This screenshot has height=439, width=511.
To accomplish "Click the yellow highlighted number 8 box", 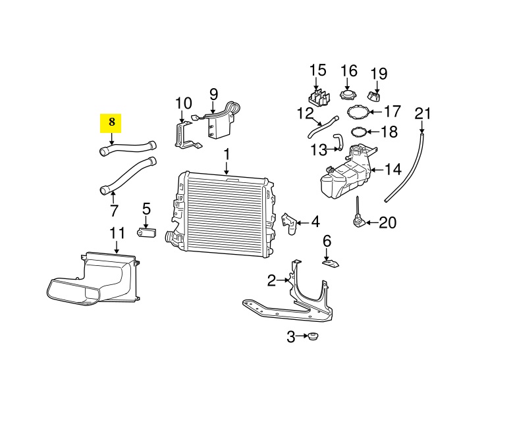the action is point(111,123).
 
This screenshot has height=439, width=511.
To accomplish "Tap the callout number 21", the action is point(422,114).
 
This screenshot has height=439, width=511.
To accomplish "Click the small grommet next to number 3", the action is point(313,337).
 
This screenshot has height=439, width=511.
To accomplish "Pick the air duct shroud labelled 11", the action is point(93,279).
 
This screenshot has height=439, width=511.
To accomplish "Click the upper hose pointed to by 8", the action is point(127,149).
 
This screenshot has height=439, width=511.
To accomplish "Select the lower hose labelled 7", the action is point(127,176).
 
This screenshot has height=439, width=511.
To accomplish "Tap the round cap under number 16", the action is point(348,96).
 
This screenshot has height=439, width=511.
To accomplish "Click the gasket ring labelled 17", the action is point(358,112).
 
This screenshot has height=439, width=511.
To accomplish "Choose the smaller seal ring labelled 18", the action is point(359,132).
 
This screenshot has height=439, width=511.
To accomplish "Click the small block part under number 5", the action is point(146,233).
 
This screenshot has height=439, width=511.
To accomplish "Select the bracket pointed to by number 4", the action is point(289,223).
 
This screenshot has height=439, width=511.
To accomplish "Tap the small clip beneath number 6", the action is point(331,263).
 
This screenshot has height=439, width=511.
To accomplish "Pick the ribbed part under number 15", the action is point(319,97).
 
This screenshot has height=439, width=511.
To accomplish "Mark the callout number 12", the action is point(305,114).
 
